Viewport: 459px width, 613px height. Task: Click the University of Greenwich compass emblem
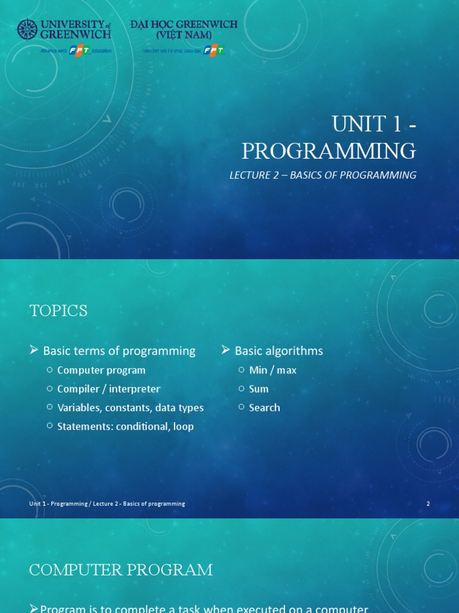pyautogui.click(x=27, y=29)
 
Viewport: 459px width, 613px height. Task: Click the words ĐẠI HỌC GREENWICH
pyautogui.click(x=183, y=25)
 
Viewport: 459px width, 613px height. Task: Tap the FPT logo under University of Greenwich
pyautogui.click(x=79, y=51)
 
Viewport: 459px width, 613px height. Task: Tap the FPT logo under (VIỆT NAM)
pyautogui.click(x=213, y=51)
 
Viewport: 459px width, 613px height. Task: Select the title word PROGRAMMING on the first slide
pyautogui.click(x=329, y=151)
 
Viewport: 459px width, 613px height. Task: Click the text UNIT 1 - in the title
pyautogui.click(x=374, y=125)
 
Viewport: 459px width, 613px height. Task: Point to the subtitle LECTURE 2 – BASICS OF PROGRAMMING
pyautogui.click(x=323, y=175)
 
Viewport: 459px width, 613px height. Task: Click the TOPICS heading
pyautogui.click(x=59, y=311)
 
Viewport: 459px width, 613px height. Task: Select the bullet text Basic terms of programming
pyautogui.click(x=119, y=351)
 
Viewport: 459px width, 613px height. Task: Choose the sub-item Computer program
pyautogui.click(x=101, y=370)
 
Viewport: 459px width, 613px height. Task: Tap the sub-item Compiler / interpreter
pyautogui.click(x=108, y=389)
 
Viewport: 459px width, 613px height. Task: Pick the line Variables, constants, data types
pyautogui.click(x=130, y=408)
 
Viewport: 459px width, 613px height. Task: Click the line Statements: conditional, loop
pyautogui.click(x=125, y=427)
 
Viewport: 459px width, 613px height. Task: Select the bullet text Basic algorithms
pyautogui.click(x=279, y=351)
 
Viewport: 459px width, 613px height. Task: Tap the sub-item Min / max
pyautogui.click(x=273, y=370)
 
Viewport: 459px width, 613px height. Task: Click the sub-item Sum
pyautogui.click(x=259, y=389)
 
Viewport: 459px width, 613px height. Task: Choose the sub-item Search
pyautogui.click(x=264, y=408)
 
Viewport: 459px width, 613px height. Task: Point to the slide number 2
pyautogui.click(x=428, y=504)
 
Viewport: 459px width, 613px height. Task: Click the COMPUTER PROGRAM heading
pyautogui.click(x=121, y=570)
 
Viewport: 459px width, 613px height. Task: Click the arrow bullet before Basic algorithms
pyautogui.click(x=226, y=350)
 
